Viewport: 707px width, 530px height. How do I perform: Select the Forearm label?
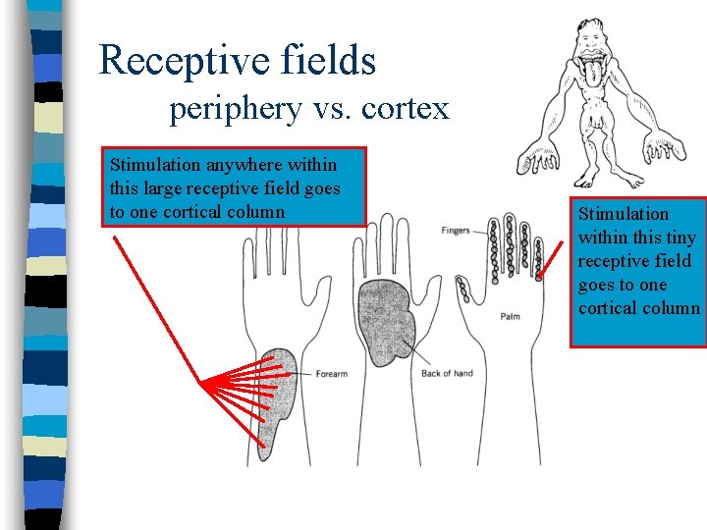click(332, 374)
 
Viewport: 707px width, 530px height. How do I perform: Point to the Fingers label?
click(456, 231)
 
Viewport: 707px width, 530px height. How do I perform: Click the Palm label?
click(511, 316)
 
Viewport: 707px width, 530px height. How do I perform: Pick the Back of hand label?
click(447, 373)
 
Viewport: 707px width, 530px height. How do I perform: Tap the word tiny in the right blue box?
click(678, 238)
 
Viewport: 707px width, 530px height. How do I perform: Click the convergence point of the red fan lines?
click(201, 383)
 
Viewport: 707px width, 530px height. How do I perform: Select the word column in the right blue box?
click(669, 308)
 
